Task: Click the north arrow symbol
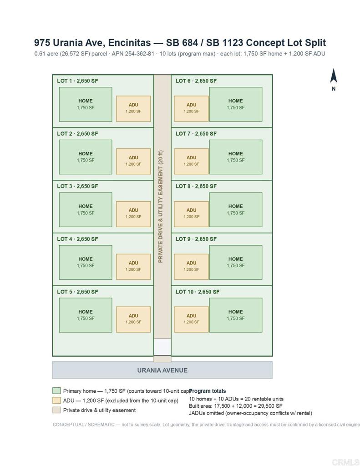tap(333, 76)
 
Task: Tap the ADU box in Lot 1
tap(133, 108)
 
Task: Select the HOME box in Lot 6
tap(236, 104)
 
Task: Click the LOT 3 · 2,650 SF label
tap(77, 186)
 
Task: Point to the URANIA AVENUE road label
tap(162, 370)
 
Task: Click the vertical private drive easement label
tap(161, 207)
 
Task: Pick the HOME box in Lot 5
tap(86, 315)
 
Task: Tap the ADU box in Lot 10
tap(191, 319)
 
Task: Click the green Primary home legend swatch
tap(56, 390)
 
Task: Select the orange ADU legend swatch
tap(56, 400)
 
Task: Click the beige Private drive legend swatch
tap(56, 410)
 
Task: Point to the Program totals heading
tap(208, 391)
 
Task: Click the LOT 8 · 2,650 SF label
tap(196, 186)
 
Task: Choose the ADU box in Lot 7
tap(191, 161)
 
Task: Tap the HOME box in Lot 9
tap(236, 263)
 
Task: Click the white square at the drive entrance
tap(162, 347)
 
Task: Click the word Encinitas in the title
tap(129, 43)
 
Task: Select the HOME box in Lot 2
tap(86, 157)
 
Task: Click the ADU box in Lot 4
tap(133, 267)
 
